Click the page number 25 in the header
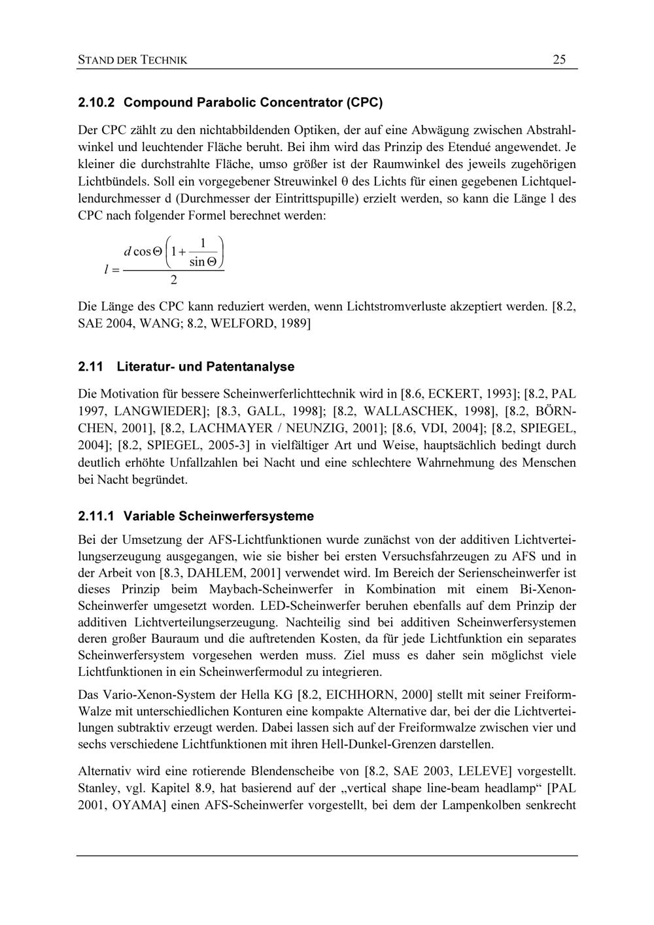click(x=559, y=59)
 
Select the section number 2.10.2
click(x=96, y=103)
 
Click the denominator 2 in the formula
click(x=173, y=280)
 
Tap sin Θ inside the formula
click(x=203, y=262)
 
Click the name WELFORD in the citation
click(x=233, y=324)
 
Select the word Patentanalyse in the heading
click(x=250, y=367)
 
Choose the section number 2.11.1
click(x=96, y=516)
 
